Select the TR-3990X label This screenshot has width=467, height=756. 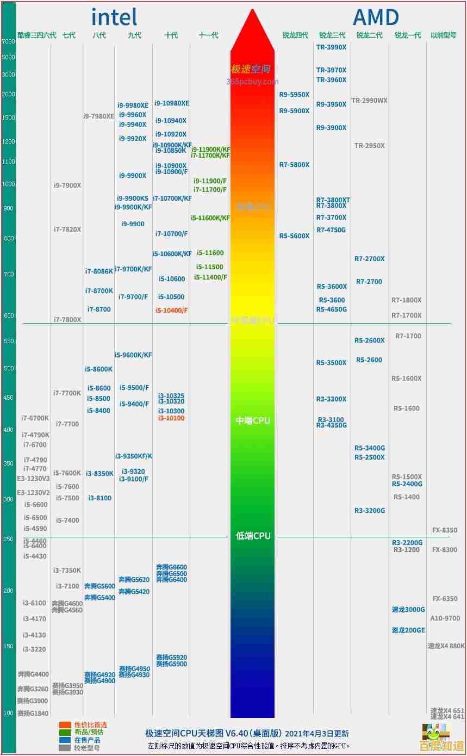click(x=331, y=47)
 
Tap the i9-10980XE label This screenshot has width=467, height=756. click(x=172, y=103)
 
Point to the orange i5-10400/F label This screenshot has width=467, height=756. click(x=171, y=311)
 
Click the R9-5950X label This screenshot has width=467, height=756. click(x=294, y=95)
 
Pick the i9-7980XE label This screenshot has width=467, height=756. click(x=98, y=116)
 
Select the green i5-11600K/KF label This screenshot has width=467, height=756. click(x=210, y=218)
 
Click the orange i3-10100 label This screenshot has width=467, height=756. click(x=171, y=418)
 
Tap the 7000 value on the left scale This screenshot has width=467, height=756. click(x=9, y=41)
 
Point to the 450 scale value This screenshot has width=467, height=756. click(x=9, y=398)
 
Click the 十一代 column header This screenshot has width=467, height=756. click(x=208, y=35)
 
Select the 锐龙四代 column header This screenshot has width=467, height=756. click(x=295, y=35)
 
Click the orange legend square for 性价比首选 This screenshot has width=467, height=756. click(x=65, y=725)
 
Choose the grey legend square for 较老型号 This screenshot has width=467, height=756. click(x=65, y=748)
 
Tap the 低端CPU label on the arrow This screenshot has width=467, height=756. click(x=253, y=536)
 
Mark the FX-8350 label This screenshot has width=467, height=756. click(x=444, y=530)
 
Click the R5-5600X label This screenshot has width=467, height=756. click(x=294, y=236)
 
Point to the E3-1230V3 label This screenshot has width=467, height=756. click(x=33, y=479)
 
